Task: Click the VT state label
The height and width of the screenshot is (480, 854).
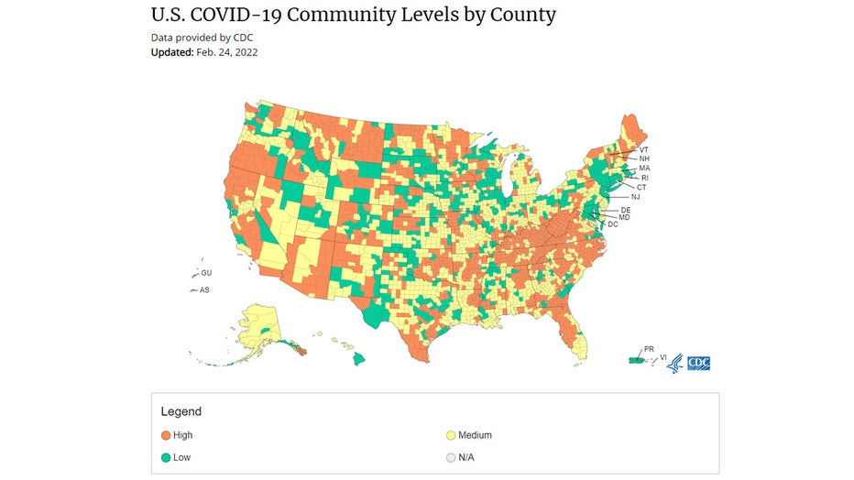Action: (x=644, y=149)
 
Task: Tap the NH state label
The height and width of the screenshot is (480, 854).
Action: (x=644, y=159)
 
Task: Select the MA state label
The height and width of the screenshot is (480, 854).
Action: (x=644, y=169)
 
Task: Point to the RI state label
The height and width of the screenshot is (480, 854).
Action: (x=644, y=178)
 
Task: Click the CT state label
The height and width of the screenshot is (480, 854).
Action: (x=641, y=187)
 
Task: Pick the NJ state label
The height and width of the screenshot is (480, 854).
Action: (x=636, y=197)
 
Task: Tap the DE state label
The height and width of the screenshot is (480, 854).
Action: (x=625, y=210)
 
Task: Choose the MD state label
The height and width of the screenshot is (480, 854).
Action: (x=624, y=217)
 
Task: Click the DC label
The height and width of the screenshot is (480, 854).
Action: (x=613, y=224)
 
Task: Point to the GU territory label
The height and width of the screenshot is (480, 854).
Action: (x=206, y=273)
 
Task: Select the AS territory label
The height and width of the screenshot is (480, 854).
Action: (x=204, y=289)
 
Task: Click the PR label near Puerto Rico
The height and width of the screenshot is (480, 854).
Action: (x=649, y=349)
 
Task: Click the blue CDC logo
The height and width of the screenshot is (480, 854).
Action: (x=698, y=363)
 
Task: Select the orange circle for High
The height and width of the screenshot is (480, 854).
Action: (x=166, y=435)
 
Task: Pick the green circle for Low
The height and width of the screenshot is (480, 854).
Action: (x=166, y=456)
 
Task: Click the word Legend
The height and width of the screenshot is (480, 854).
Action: (x=181, y=411)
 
